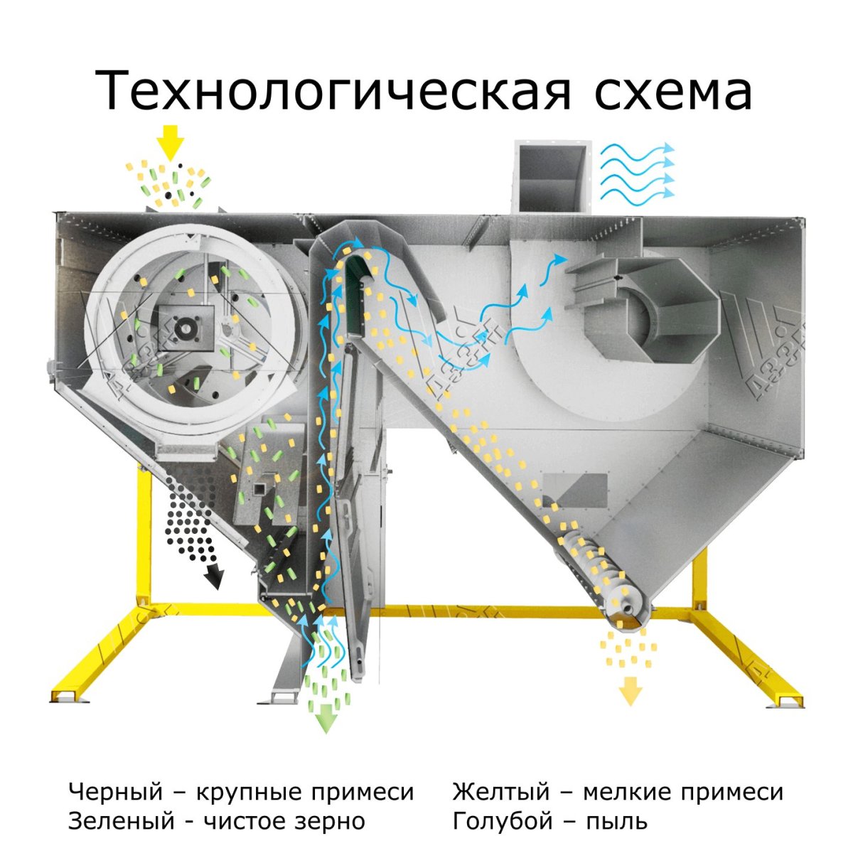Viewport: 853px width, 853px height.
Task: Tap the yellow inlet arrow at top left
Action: [x=170, y=142]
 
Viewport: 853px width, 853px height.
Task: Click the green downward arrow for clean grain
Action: [x=326, y=718]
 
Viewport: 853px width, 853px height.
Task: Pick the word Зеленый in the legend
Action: [x=122, y=822]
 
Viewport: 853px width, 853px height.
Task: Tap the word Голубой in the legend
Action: [x=503, y=822]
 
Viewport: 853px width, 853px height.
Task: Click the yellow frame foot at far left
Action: [x=68, y=697]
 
